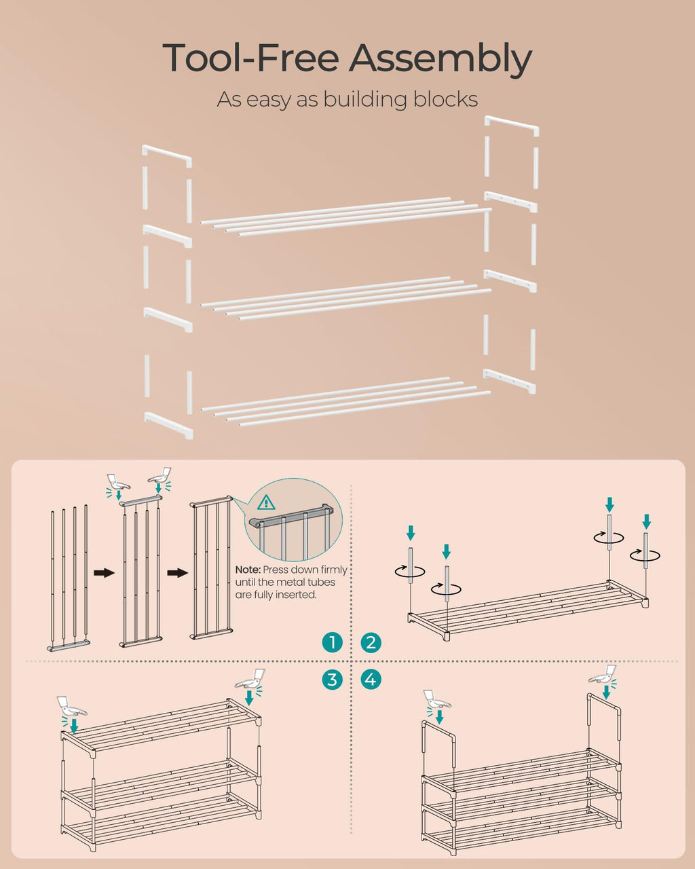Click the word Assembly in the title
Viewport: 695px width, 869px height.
(x=440, y=60)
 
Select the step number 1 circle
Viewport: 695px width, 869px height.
(x=332, y=642)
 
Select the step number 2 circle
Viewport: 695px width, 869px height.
(x=371, y=642)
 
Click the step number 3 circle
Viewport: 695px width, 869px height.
(x=332, y=679)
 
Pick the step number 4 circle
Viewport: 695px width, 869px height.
(x=371, y=679)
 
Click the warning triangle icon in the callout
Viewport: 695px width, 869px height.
(x=267, y=502)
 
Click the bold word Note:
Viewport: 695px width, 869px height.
(x=248, y=570)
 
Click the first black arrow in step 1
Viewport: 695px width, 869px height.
(x=104, y=573)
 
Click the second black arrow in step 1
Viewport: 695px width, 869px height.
(x=177, y=573)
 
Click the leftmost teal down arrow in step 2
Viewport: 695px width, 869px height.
(x=410, y=532)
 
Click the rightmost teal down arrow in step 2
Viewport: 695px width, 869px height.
(x=646, y=521)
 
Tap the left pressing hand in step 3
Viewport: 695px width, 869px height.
(x=72, y=706)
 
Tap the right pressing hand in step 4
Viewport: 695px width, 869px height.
(x=603, y=675)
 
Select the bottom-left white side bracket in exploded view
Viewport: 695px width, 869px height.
(x=168, y=424)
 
